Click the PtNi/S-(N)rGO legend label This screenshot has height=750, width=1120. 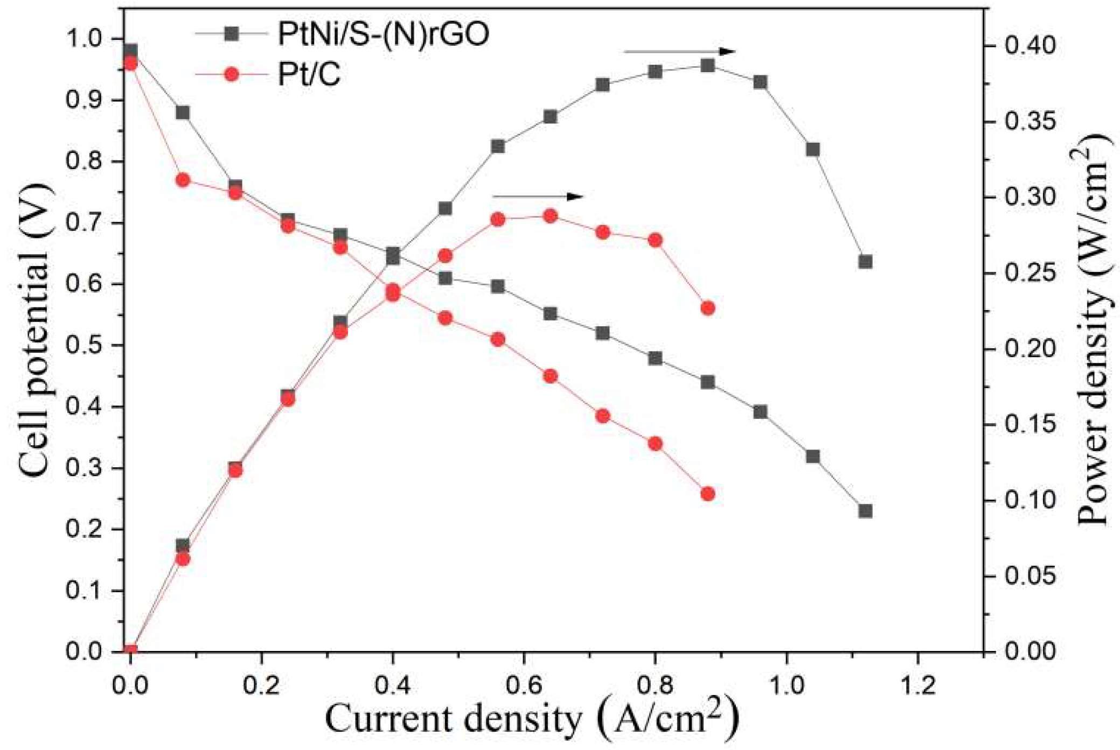tap(383, 34)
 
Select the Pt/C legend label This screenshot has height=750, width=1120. tap(309, 74)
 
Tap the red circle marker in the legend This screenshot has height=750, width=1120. tap(232, 74)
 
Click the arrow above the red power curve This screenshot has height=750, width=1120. tap(538, 197)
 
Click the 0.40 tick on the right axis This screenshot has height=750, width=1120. tap(1029, 46)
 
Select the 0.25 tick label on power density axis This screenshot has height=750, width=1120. tap(1029, 274)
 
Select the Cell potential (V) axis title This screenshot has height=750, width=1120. tap(36, 330)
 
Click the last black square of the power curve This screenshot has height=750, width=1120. tap(865, 262)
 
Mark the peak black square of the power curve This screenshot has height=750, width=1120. tap(708, 66)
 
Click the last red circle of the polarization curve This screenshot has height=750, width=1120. tap(708, 494)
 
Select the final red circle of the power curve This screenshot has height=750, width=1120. tap(708, 308)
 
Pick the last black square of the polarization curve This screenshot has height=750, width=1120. tap(865, 511)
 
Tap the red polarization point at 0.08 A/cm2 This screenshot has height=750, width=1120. tap(183, 180)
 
